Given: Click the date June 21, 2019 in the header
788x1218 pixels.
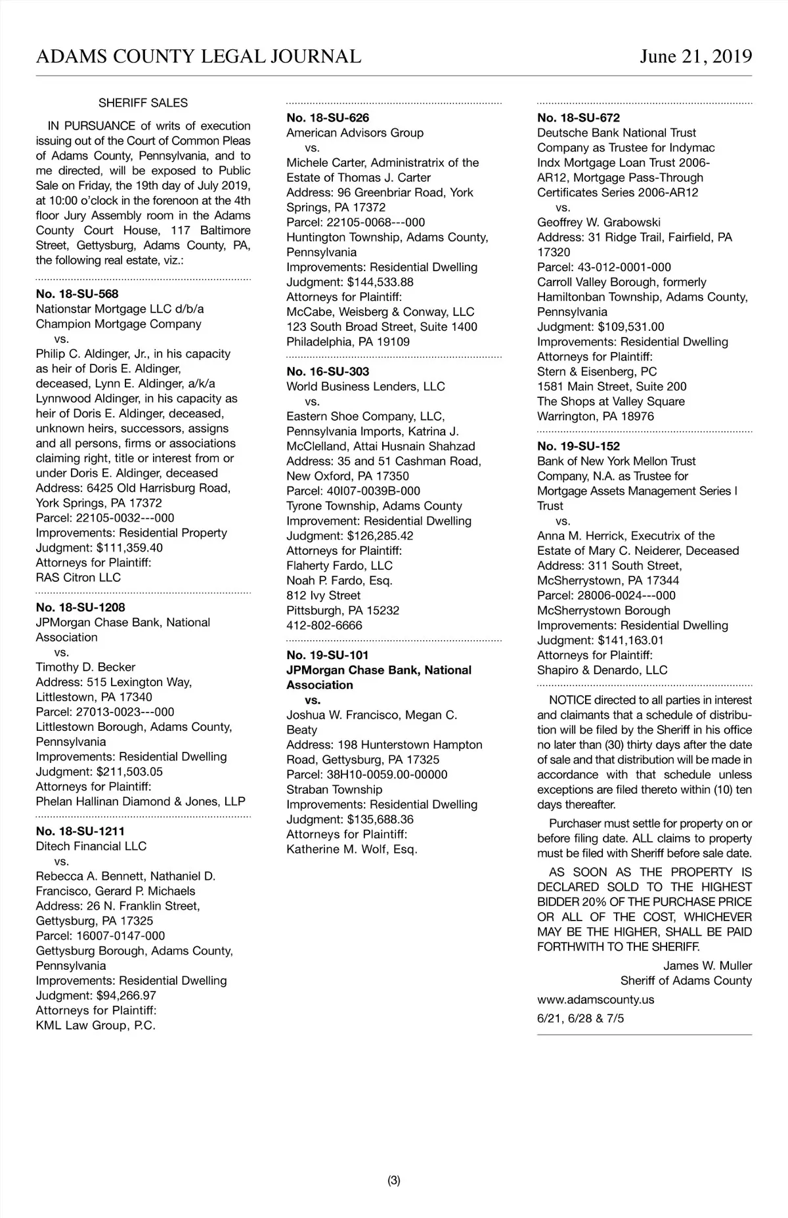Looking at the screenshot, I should click(695, 56).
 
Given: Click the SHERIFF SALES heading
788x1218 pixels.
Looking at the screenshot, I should click(143, 103).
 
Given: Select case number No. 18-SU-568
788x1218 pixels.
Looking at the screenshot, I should click(77, 294).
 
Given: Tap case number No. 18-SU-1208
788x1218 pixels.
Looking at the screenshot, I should click(80, 607).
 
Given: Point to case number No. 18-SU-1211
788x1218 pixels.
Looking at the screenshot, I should click(80, 831).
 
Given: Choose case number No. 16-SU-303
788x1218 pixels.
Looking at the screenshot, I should click(328, 372).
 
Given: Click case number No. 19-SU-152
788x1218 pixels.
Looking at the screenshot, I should click(579, 446).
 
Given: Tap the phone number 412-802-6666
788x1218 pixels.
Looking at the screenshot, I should click(324, 626).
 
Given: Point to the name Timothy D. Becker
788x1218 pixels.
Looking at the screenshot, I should click(85, 667).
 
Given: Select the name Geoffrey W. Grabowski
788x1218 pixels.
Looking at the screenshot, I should click(599, 223).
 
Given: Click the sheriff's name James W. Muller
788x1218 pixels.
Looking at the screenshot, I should click(707, 966).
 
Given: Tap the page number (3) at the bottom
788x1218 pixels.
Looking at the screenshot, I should click(394, 1181).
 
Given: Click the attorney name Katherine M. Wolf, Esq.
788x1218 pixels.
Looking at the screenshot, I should click(352, 850).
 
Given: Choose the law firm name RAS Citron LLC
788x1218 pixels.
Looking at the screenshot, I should click(78, 578).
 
